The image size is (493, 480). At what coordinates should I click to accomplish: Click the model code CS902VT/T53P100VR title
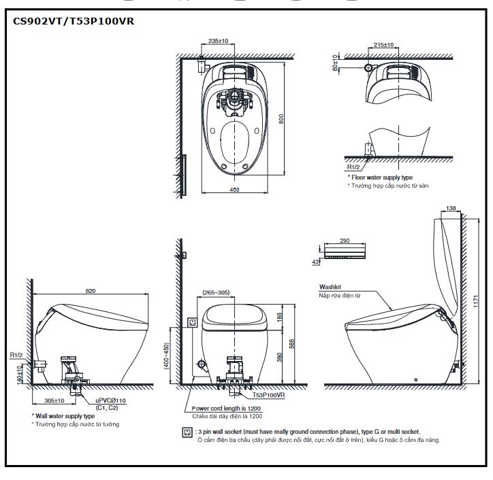click(74, 21)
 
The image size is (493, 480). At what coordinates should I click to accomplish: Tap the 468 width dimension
click(234, 188)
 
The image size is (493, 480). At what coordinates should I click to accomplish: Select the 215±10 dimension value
click(385, 45)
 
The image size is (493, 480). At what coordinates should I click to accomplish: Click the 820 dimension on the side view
click(91, 290)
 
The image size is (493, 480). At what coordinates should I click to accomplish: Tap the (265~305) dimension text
click(215, 293)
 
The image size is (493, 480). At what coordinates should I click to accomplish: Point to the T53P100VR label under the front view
click(268, 394)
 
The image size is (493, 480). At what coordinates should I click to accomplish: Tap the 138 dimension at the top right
click(449, 207)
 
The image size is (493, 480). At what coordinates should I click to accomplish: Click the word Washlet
click(331, 287)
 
